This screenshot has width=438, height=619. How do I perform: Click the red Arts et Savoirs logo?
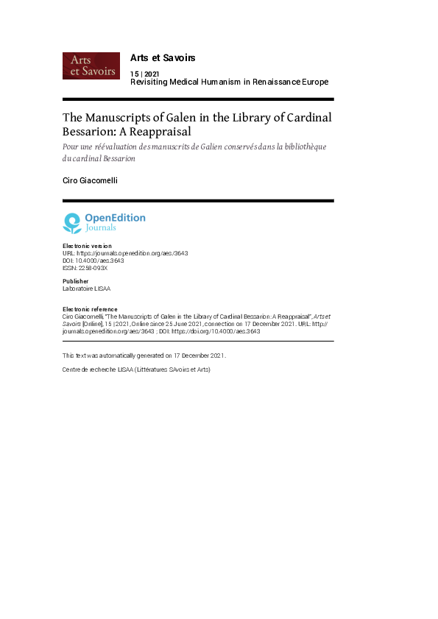coord(91,66)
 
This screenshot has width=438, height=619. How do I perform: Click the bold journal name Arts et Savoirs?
coord(162,57)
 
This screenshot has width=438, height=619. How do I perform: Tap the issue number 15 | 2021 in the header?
coord(145,74)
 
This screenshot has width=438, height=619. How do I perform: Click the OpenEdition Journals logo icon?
coord(72,222)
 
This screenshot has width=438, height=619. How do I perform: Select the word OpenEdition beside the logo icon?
coord(115,218)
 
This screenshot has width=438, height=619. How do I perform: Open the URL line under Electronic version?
coord(125,252)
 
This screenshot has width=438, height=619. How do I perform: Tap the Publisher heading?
coord(76,281)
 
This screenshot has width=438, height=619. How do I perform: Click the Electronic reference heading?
coord(90,309)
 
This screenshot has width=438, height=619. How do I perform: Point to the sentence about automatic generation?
coord(144,356)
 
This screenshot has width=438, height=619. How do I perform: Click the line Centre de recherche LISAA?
coord(136,369)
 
